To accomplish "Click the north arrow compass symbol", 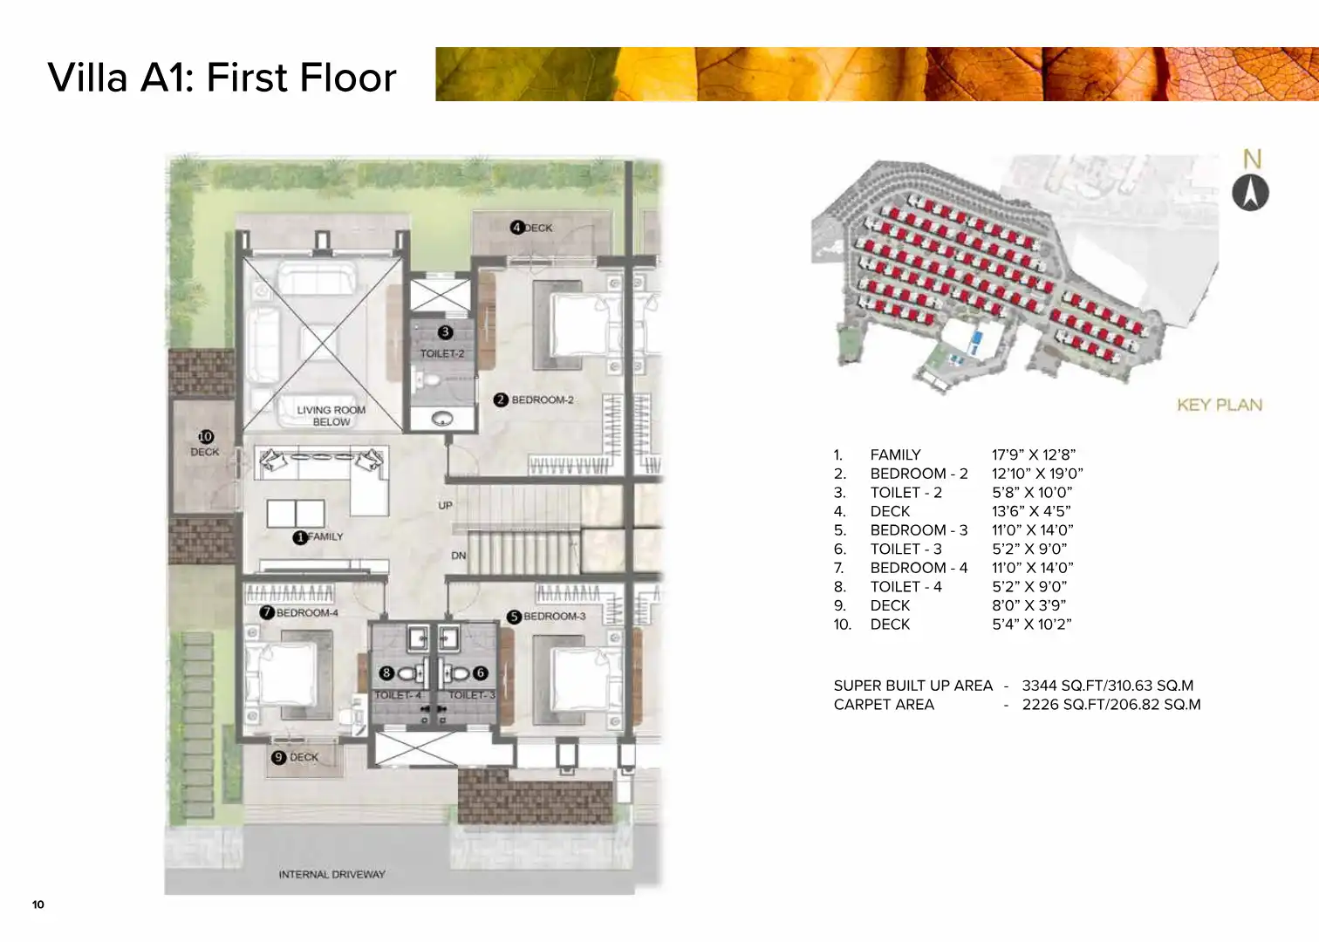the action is coord(1250,193).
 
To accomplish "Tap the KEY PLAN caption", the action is coord(1220,405).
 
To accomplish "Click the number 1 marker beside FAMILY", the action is coord(300,537).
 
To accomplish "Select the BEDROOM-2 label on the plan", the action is coord(543,399).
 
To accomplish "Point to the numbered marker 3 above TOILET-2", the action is coord(445,332).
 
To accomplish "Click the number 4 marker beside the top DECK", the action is coord(517,228).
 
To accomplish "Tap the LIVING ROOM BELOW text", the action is coord(331,416).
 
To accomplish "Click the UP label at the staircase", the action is coord(445,505).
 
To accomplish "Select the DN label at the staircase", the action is coord(459,556).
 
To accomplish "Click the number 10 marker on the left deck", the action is coord(206,437).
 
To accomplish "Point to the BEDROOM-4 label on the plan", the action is coord(307,613).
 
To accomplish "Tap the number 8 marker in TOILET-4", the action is coord(386,672).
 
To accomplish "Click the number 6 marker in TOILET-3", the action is coord(481,672).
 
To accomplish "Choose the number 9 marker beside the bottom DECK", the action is coord(278,758).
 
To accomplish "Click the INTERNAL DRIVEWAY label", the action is coord(332,874).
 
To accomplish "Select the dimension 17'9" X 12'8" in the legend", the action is coord(1034,454).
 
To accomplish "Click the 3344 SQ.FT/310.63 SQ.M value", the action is coord(1108,686).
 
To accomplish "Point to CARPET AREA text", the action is coord(884,704).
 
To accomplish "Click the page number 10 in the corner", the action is coord(38,904).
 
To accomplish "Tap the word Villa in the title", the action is coord(87,77).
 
